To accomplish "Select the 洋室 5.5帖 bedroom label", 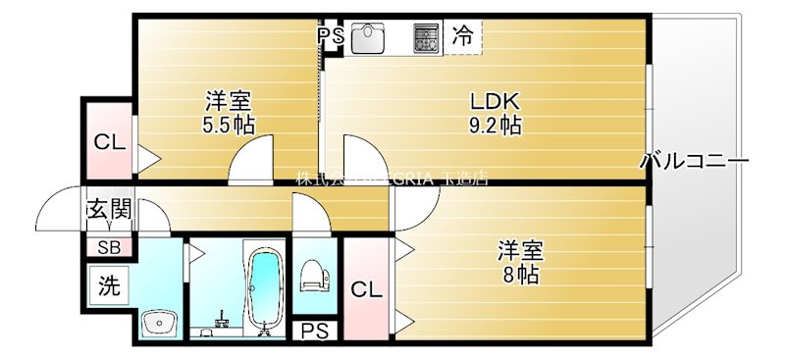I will (229, 101).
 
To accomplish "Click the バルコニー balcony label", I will (694, 161).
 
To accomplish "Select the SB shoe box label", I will (108, 246).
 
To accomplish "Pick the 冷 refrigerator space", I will (462, 37).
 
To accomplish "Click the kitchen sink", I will (370, 38).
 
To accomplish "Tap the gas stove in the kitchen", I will (426, 37).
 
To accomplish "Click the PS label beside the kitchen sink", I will (331, 37).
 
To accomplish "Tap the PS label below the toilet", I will (315, 331).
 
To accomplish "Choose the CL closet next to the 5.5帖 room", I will (109, 141).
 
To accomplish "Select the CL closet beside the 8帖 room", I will (367, 289).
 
